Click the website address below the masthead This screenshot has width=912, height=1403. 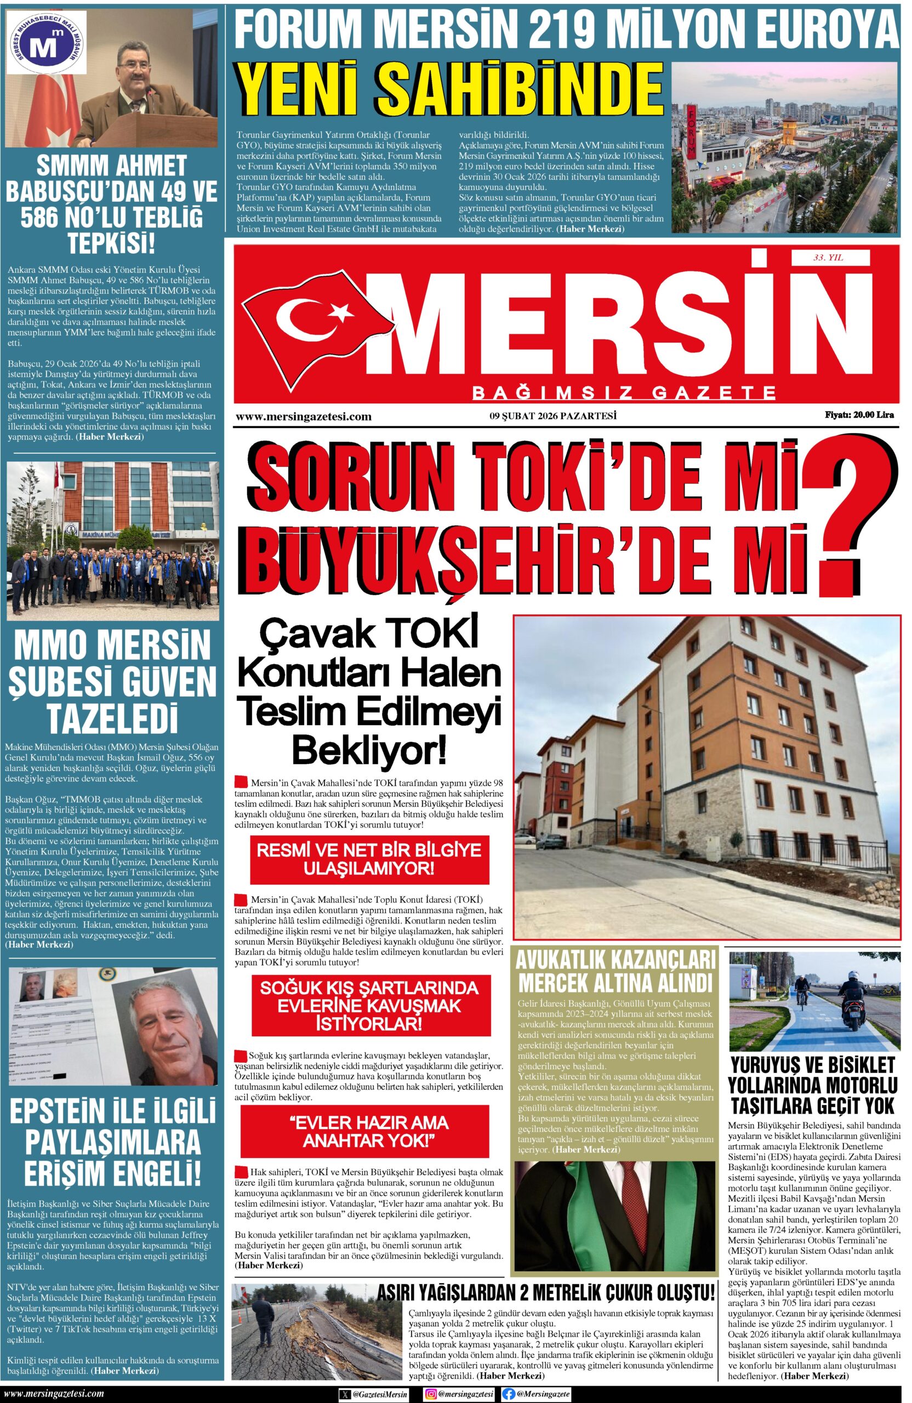[x=303, y=417]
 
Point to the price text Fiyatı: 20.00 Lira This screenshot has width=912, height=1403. [x=859, y=415]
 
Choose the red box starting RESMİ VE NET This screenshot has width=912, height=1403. [x=369, y=858]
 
